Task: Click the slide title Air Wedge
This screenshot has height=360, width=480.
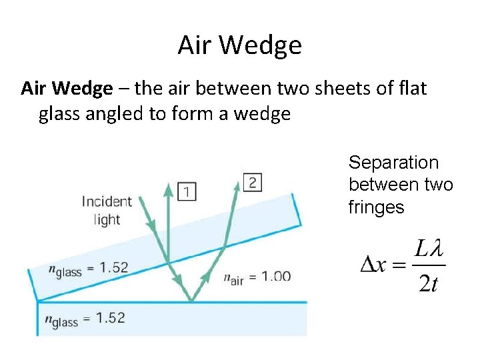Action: [240, 45]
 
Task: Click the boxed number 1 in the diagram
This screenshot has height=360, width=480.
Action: [188, 192]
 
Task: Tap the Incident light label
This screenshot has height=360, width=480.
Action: [107, 210]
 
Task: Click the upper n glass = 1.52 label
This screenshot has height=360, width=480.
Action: [88, 268]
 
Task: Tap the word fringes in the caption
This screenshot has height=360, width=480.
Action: [376, 207]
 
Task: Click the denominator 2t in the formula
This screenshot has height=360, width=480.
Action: [427, 283]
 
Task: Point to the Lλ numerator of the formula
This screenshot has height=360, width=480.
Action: [428, 249]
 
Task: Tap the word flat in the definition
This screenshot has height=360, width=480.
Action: [413, 88]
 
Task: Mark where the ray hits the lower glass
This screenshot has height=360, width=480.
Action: [192, 301]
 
